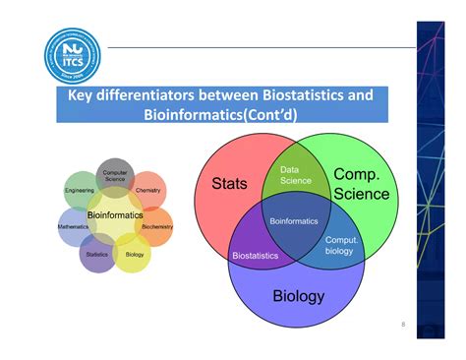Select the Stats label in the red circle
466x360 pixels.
[x=229, y=184]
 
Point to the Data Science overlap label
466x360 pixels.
[x=296, y=174]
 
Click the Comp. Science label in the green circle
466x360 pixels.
[x=362, y=184]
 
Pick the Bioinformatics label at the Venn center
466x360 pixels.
[x=294, y=221]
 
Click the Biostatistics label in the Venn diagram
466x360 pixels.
[x=255, y=256]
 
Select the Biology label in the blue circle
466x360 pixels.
[x=298, y=296]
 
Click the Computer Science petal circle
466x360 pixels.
[x=116, y=174]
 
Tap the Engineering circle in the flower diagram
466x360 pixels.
[x=80, y=191]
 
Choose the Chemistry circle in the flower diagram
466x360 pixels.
[x=148, y=191]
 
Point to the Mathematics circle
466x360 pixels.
[x=74, y=226]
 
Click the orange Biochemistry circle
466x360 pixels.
[x=156, y=226]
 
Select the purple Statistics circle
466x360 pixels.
[x=96, y=255]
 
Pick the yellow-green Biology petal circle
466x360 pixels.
[x=134, y=255]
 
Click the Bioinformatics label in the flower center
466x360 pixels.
[x=115, y=213]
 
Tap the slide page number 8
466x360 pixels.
[x=402, y=324]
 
